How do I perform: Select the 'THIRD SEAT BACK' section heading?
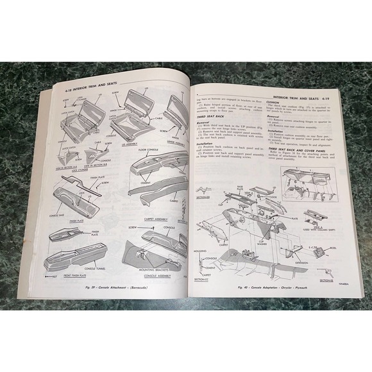tap(212, 116)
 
